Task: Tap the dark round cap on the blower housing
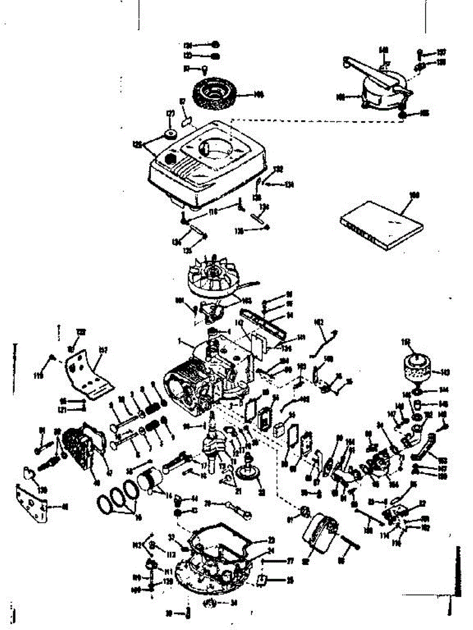tap(169, 158)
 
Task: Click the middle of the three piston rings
tap(120, 496)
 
